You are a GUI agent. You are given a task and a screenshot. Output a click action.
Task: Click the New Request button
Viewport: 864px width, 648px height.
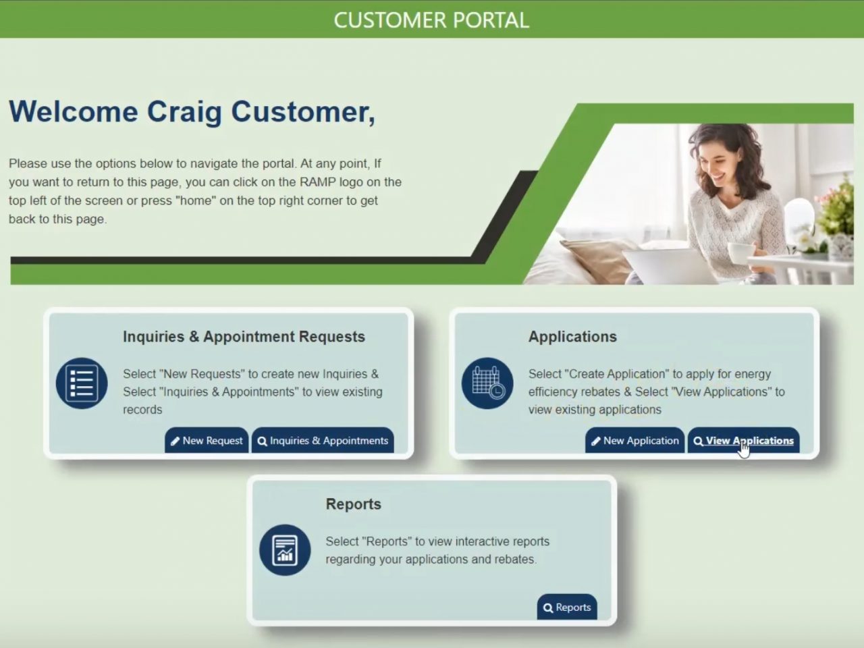click(x=207, y=441)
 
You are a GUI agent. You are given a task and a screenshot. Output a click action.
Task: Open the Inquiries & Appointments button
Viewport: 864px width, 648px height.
click(x=323, y=441)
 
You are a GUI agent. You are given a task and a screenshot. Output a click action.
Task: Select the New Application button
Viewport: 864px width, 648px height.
click(x=634, y=441)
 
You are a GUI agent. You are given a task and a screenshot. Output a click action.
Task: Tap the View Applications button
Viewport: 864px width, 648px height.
click(x=743, y=441)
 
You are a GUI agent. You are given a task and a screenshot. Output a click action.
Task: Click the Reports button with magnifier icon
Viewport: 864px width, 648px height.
click(x=567, y=607)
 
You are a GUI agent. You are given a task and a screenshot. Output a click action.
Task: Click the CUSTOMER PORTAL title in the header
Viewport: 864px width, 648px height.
click(x=431, y=20)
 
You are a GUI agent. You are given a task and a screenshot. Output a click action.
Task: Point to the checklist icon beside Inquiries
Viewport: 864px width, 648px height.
click(x=82, y=383)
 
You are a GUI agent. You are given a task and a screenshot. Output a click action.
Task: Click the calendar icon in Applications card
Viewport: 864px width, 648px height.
click(x=487, y=383)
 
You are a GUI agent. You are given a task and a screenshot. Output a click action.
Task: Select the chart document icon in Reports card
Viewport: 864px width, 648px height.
click(x=285, y=549)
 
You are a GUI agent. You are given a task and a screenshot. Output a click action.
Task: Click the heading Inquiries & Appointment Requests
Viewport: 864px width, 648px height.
click(x=244, y=337)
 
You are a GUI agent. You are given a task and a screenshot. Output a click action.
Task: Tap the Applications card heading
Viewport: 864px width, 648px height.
click(x=572, y=337)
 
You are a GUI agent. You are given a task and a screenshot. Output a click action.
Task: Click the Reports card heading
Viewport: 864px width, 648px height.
click(x=353, y=504)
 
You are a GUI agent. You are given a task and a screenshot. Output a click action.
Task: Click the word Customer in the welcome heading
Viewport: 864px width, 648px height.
click(x=302, y=112)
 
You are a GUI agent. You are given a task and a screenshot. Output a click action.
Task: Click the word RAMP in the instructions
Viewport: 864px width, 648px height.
click(x=318, y=182)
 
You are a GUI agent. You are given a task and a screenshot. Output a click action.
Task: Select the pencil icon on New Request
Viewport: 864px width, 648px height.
click(x=175, y=441)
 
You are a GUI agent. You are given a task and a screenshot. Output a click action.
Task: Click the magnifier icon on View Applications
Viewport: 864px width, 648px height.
click(x=698, y=441)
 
